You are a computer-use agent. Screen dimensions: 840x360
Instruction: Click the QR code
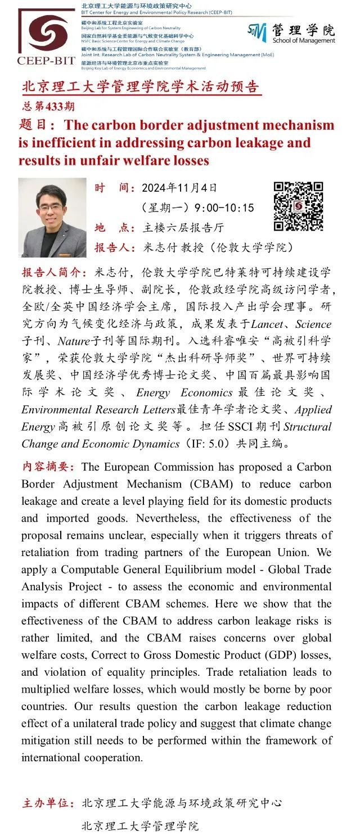click(298, 206)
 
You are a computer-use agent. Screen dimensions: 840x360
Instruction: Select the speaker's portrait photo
click(52, 218)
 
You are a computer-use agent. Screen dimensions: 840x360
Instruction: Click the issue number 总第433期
click(48, 106)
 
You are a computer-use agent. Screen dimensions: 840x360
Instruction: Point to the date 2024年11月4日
click(179, 188)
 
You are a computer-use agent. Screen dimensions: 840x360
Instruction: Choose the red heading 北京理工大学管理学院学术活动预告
click(141, 88)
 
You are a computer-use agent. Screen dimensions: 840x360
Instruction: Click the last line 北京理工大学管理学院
click(140, 826)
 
